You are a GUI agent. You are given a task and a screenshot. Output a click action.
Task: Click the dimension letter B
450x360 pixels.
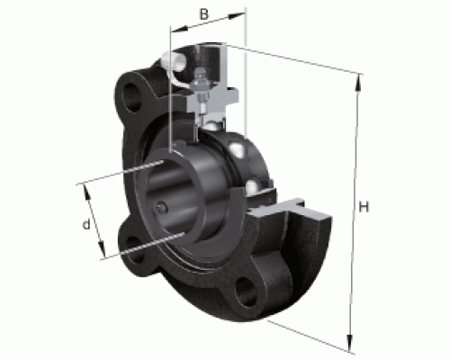[204, 14]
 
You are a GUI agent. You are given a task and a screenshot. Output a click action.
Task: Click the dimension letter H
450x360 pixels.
[364, 207]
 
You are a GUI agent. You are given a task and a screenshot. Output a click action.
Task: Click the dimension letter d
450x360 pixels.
[86, 224]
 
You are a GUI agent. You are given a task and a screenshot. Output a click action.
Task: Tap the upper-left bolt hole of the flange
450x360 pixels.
[131, 97]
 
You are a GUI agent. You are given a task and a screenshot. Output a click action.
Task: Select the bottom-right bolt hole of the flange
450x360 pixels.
[246, 292]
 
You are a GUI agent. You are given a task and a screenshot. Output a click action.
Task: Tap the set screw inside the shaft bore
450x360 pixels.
[161, 208]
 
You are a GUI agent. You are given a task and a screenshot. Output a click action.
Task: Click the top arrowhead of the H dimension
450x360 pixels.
[358, 82]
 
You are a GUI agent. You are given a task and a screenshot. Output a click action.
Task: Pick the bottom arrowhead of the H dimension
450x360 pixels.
[349, 343]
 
